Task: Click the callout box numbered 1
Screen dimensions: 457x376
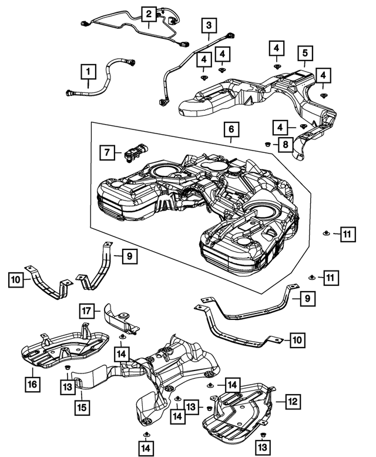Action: pos(88,73)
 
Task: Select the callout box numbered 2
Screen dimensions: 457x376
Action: pos(149,14)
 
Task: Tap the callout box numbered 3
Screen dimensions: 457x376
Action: pos(209,25)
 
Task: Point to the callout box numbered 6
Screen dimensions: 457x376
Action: pos(231,128)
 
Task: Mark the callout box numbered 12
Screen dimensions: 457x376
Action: pos(293,402)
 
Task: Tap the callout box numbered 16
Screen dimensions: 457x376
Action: pos(31,385)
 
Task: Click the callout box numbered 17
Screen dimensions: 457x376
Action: pos(87,310)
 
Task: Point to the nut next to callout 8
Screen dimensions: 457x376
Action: pos(268,143)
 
